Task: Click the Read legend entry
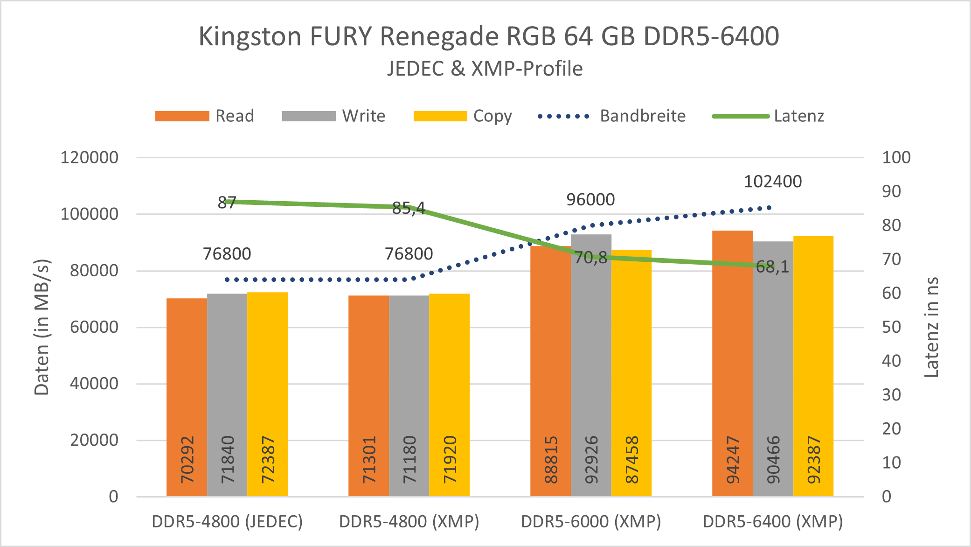(205, 116)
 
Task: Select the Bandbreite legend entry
(611, 116)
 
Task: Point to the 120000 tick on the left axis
(90, 157)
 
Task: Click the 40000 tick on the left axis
(94, 384)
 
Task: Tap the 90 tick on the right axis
(891, 191)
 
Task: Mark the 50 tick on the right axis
(891, 327)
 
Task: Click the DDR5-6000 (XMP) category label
(591, 521)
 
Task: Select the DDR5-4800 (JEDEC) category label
(227, 521)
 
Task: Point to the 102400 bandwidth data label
(773, 182)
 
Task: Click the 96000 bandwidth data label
(590, 200)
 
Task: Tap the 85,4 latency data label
(409, 208)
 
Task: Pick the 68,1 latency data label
(772, 267)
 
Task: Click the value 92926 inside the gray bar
(591, 460)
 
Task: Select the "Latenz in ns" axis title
(931, 327)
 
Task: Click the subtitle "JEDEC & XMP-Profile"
(485, 69)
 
